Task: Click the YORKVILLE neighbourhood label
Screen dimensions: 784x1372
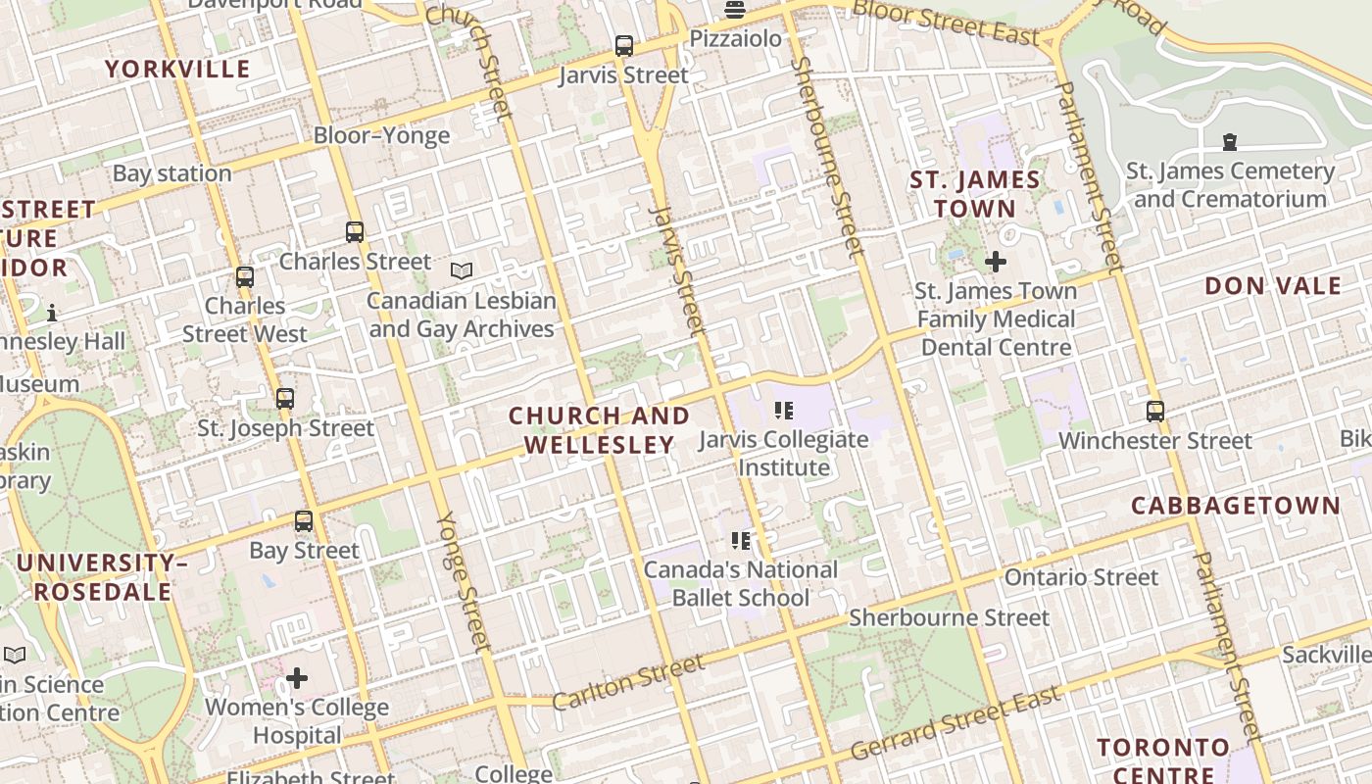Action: click(x=177, y=69)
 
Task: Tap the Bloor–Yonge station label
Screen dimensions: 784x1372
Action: click(x=381, y=135)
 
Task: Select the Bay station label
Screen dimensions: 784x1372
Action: click(x=171, y=173)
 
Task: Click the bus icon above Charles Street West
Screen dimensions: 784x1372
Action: click(x=245, y=277)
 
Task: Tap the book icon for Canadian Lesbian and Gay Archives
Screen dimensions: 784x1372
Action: click(x=461, y=270)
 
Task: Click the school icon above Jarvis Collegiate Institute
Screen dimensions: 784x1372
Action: click(x=783, y=410)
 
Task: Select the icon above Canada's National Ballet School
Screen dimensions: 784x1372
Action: click(x=741, y=540)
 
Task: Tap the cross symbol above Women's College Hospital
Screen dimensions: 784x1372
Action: click(x=297, y=678)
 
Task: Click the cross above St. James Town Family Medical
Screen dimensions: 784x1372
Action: click(x=996, y=262)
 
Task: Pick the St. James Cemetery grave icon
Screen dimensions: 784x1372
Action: click(x=1229, y=142)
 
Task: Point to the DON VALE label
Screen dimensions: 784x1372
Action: click(x=1273, y=286)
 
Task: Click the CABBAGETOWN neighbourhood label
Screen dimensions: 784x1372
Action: click(x=1236, y=506)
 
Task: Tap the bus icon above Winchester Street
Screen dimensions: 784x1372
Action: click(x=1155, y=412)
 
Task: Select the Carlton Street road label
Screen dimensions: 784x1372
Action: click(x=628, y=683)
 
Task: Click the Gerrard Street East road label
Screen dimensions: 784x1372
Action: click(x=955, y=723)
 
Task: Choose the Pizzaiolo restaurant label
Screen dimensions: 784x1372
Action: click(x=736, y=38)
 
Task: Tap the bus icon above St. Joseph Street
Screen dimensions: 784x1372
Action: click(x=285, y=399)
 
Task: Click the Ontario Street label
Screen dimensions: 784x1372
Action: click(x=1081, y=577)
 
